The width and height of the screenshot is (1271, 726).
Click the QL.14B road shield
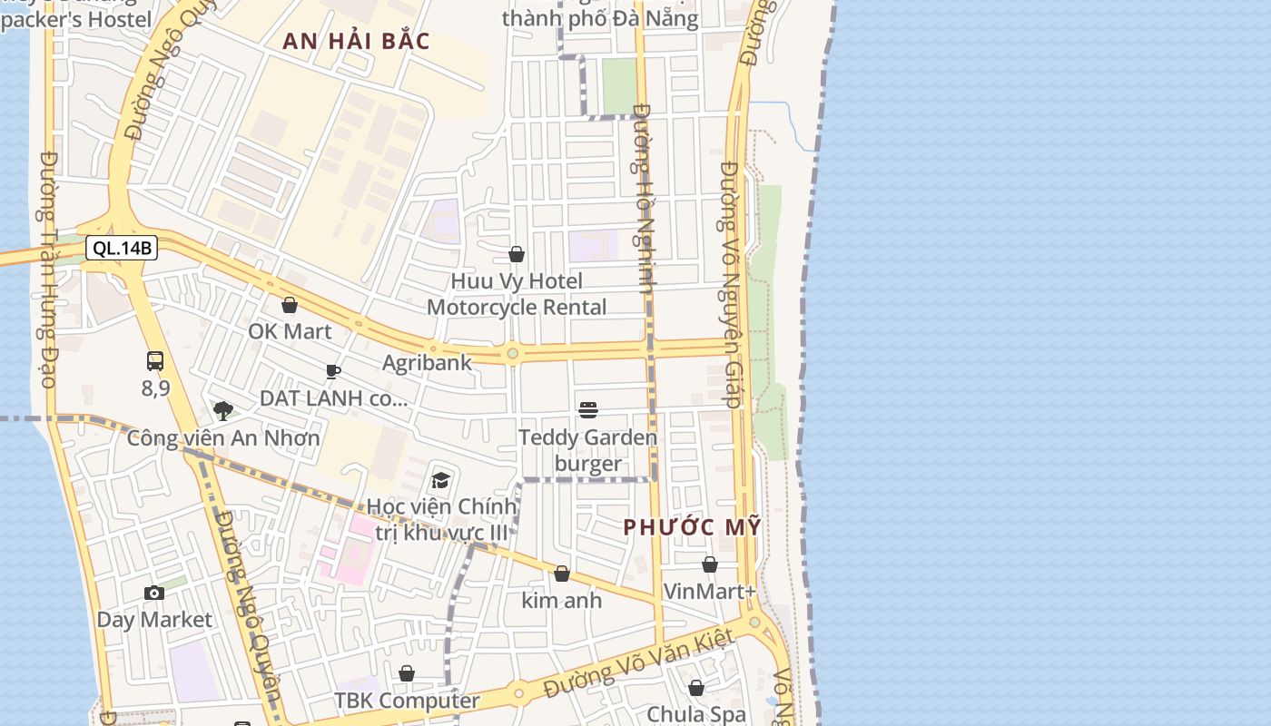tap(122, 248)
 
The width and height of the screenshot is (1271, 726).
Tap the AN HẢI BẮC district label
tap(356, 42)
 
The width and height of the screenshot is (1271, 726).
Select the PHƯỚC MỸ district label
tap(692, 527)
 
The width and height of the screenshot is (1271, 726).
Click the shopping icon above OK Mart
tap(290, 305)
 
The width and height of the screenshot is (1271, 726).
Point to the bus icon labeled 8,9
tap(155, 361)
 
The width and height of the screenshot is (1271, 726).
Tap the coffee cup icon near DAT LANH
tap(333, 371)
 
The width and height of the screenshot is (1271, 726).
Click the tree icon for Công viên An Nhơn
tap(222, 410)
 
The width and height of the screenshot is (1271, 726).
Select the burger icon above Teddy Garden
tap(588, 410)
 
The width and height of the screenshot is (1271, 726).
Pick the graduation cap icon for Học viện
tap(441, 479)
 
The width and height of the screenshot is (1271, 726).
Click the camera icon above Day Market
tap(154, 593)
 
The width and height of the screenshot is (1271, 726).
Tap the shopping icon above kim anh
tap(562, 574)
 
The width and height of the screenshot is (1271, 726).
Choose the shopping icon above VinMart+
tap(710, 564)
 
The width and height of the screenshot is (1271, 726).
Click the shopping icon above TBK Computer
tap(407, 673)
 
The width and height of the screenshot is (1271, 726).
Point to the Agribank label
tap(427, 363)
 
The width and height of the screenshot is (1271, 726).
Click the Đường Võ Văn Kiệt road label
tap(637, 663)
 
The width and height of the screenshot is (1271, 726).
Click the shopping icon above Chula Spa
tap(696, 688)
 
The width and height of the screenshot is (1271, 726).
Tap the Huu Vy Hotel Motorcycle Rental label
tap(517, 294)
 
